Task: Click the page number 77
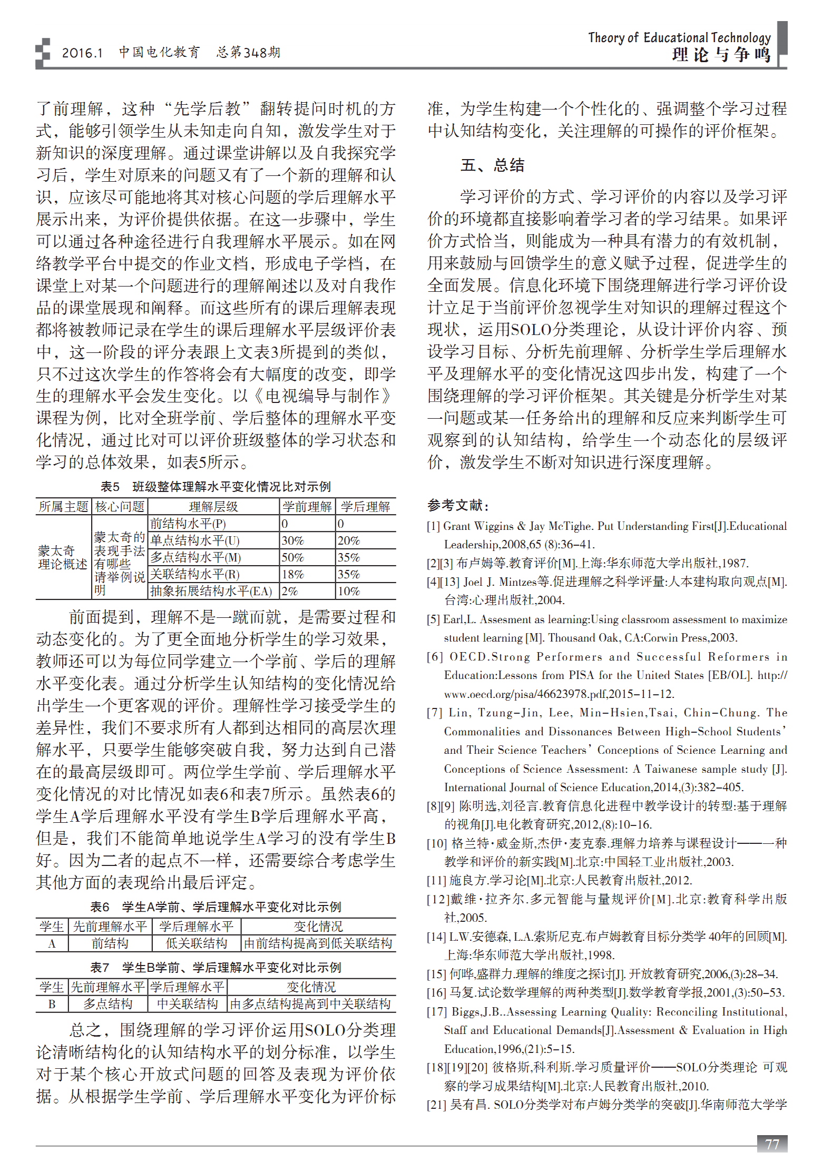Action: click(772, 1144)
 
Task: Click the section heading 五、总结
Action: click(492, 165)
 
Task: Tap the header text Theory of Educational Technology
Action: click(679, 38)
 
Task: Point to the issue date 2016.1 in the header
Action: click(82, 53)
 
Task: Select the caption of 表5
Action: click(216, 486)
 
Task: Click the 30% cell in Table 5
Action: click(292, 540)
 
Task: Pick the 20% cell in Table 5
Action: click(349, 540)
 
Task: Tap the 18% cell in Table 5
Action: click(292, 574)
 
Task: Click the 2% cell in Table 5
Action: click(289, 591)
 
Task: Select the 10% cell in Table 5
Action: click(349, 591)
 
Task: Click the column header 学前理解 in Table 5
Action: click(307, 507)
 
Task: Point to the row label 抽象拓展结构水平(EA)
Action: click(211, 591)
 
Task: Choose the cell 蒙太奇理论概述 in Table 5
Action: click(63, 557)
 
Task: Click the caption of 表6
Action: click(216, 907)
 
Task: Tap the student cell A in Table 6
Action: click(52, 943)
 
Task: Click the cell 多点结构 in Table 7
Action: click(107, 1004)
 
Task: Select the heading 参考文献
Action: click(457, 505)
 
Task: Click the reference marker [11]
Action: click(436, 880)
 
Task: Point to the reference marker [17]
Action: click(436, 1011)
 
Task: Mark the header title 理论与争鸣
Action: click(721, 55)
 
